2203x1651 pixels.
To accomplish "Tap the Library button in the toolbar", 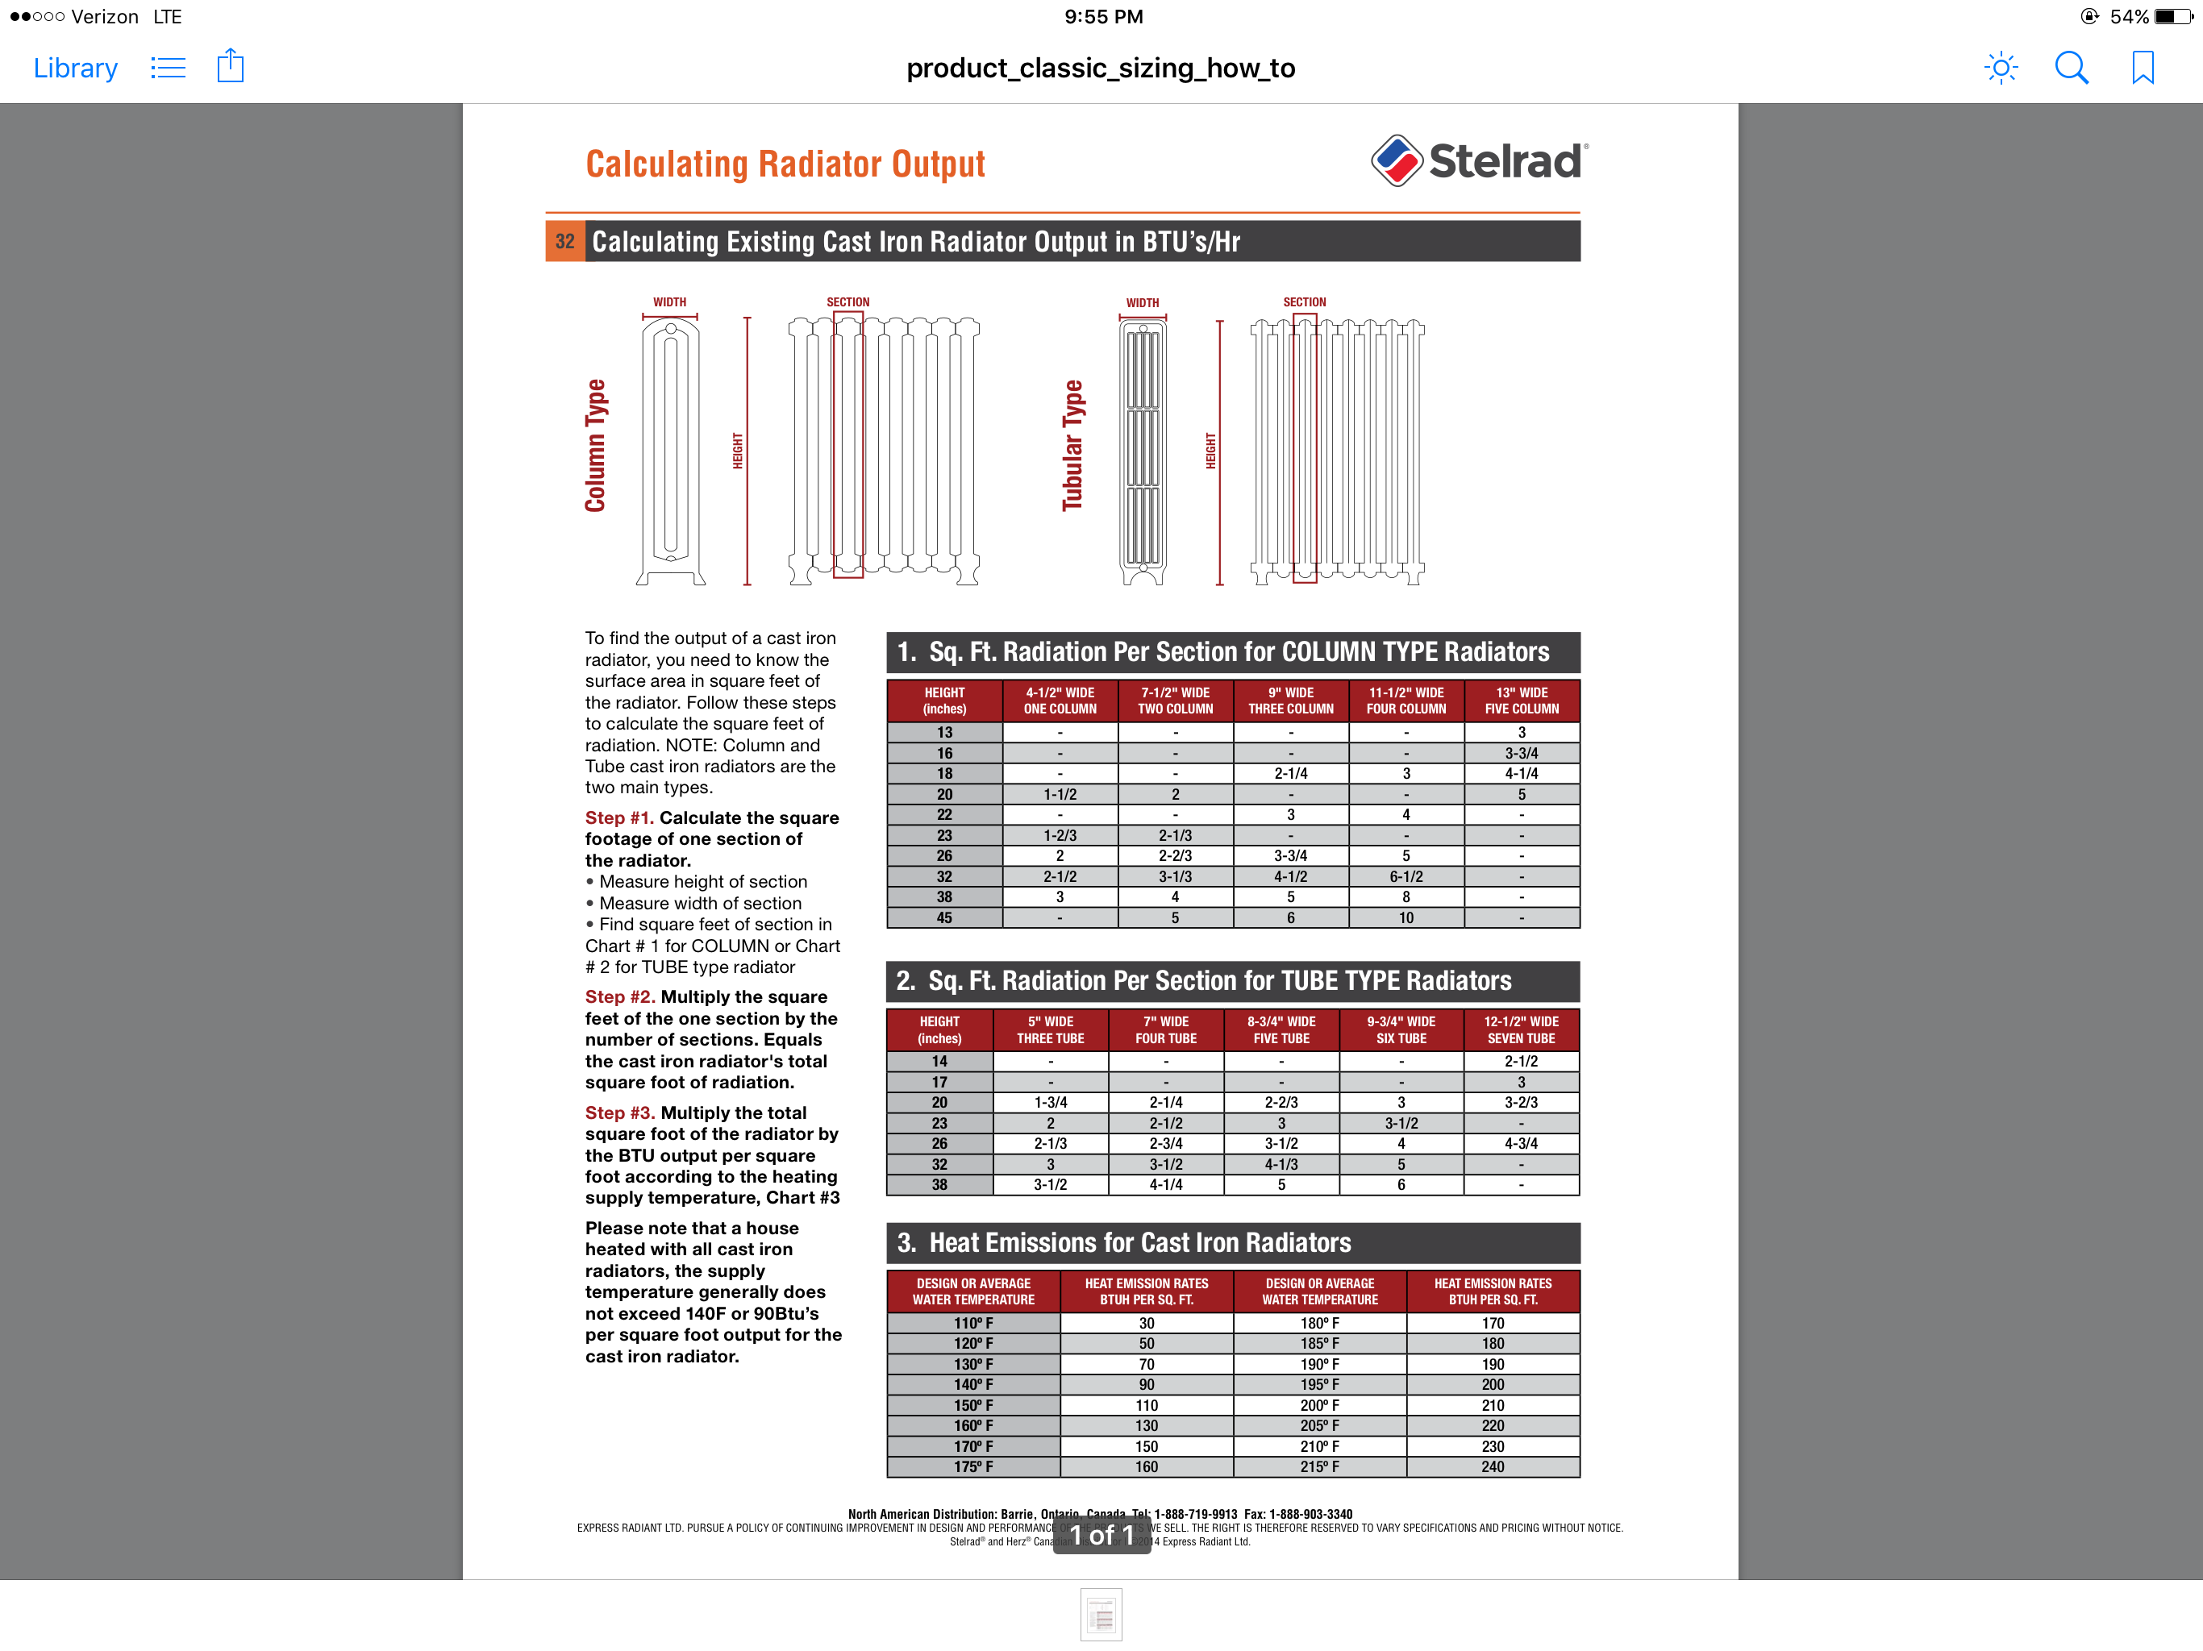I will (x=76, y=68).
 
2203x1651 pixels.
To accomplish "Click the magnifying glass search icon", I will (x=2072, y=68).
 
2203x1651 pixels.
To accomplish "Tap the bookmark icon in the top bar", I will (x=2143, y=68).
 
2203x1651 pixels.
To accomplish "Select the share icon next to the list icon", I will (x=230, y=67).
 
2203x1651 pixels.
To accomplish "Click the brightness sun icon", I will (x=2000, y=68).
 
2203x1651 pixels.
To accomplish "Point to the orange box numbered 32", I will (x=564, y=242).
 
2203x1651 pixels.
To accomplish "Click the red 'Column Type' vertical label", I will (x=596, y=445).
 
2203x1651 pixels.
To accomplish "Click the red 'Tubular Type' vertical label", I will (x=1072, y=445).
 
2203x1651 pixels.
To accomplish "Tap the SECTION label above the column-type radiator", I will (x=847, y=302).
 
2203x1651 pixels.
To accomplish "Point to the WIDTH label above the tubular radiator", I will (x=1143, y=303).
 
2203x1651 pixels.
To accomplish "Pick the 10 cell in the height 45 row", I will (x=1406, y=918).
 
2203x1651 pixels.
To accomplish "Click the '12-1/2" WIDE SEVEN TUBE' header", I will (x=1521, y=1029).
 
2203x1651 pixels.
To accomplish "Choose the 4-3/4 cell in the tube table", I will (x=1521, y=1143).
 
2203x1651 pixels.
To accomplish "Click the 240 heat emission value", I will (x=1492, y=1466).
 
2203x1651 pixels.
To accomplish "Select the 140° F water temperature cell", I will (x=973, y=1384).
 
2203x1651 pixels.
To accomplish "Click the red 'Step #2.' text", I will (x=619, y=996).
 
